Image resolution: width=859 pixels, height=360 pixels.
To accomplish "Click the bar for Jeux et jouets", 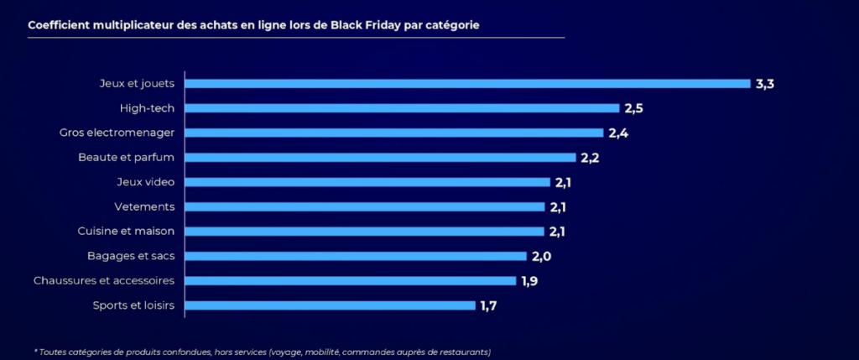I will point(466,84).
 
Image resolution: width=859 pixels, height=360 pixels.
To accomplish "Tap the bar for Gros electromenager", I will point(393,133).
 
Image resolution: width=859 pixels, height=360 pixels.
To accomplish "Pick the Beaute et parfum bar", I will point(380,157).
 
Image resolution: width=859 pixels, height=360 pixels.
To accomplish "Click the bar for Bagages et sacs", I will point(355,256).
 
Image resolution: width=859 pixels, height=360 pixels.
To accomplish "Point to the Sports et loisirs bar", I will point(330,305).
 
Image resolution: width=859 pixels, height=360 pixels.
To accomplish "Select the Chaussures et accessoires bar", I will point(350,280).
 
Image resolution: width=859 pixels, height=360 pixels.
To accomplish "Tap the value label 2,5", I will point(633,108).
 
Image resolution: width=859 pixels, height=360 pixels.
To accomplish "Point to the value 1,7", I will point(489,305).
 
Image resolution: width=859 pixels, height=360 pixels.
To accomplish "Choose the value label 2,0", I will point(540,256).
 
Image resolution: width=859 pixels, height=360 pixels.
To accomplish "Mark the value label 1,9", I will point(529,280).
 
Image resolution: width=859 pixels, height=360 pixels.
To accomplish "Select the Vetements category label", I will point(144,206).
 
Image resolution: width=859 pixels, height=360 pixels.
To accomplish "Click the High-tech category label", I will point(148,108).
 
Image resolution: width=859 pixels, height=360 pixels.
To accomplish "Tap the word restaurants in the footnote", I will point(462,352).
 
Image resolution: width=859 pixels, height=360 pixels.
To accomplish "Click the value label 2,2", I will point(590,157).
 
